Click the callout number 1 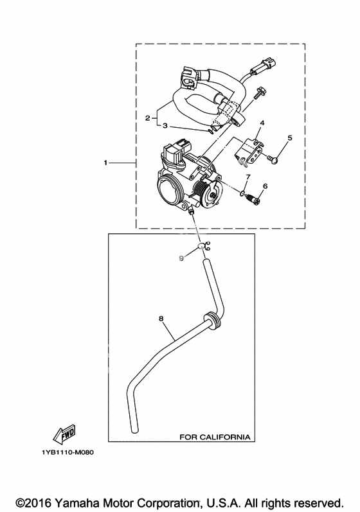[x=105, y=163]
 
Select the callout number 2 [x=148, y=118]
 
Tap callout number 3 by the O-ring [x=165, y=125]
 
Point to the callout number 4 [x=262, y=123]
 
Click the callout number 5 [x=290, y=137]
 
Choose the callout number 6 [x=265, y=186]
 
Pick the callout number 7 [x=248, y=177]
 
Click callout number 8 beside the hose [x=161, y=318]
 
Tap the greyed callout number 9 [x=181, y=258]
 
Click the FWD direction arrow [x=65, y=434]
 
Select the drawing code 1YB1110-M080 [x=67, y=452]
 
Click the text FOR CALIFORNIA [x=215, y=437]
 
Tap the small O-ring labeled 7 [x=242, y=193]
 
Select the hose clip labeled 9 [x=204, y=247]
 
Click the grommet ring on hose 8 [x=211, y=320]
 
